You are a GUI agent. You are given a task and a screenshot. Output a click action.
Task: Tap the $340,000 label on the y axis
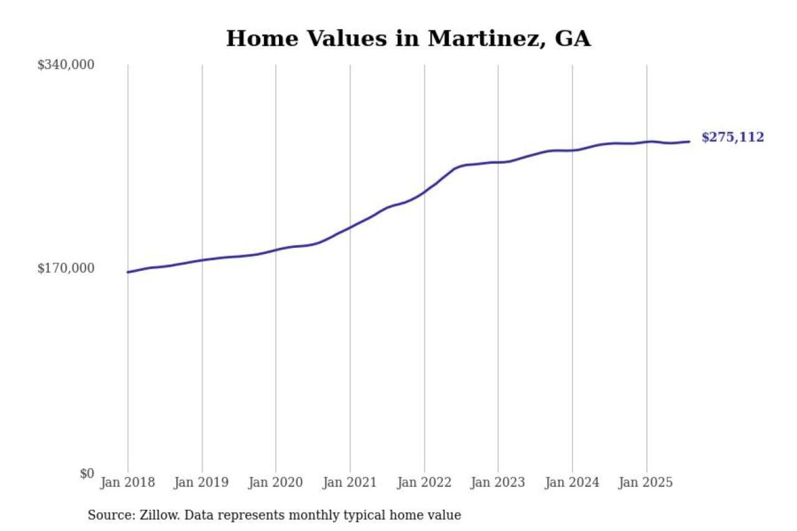click(x=66, y=65)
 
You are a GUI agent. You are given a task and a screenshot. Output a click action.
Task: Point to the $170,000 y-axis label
click(x=66, y=268)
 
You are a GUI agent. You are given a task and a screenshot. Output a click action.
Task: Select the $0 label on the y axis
click(x=87, y=473)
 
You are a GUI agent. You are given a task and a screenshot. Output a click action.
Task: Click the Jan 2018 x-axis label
click(x=127, y=482)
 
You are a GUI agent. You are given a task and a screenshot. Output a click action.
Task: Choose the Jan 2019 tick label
click(x=201, y=482)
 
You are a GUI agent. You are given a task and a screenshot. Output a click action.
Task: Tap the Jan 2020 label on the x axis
click(x=275, y=482)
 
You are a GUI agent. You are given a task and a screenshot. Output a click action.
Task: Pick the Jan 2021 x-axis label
click(x=349, y=482)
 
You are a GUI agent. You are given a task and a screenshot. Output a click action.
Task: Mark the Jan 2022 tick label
click(x=424, y=482)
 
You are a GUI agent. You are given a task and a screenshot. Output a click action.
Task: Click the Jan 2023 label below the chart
click(x=498, y=482)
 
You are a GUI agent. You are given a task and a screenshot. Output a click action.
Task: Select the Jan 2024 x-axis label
click(x=572, y=482)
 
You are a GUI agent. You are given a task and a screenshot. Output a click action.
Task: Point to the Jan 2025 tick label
click(x=645, y=482)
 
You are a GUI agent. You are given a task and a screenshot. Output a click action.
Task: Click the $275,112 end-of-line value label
click(x=732, y=137)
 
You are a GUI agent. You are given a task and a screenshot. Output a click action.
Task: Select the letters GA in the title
click(x=572, y=39)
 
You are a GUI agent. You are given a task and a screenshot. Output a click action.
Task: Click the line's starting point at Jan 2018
click(x=128, y=272)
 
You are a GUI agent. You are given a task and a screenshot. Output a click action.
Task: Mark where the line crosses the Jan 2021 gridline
click(x=350, y=227)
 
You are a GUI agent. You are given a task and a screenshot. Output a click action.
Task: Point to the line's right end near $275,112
click(x=689, y=142)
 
